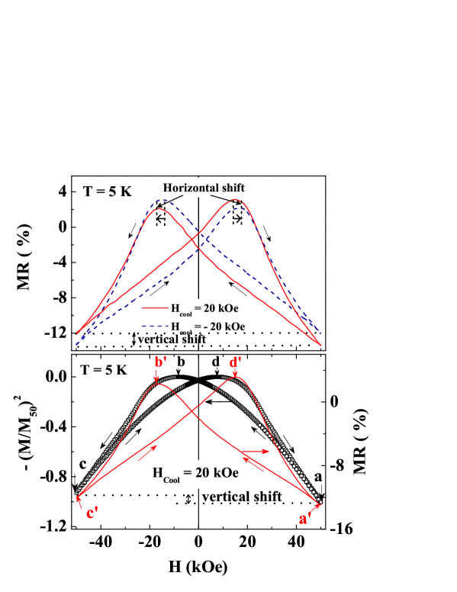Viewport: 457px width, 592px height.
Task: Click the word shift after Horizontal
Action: click(232, 188)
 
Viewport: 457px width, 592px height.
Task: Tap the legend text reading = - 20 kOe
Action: click(220, 327)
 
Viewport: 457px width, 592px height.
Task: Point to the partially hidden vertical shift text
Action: click(171, 336)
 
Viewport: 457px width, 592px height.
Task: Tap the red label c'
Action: click(92, 513)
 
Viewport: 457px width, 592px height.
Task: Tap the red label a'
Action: click(304, 520)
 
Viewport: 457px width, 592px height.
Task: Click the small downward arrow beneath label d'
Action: click(235, 373)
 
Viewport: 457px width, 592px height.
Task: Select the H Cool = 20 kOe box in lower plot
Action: click(195, 473)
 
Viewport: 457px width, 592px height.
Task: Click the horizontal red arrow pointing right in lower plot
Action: click(257, 452)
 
